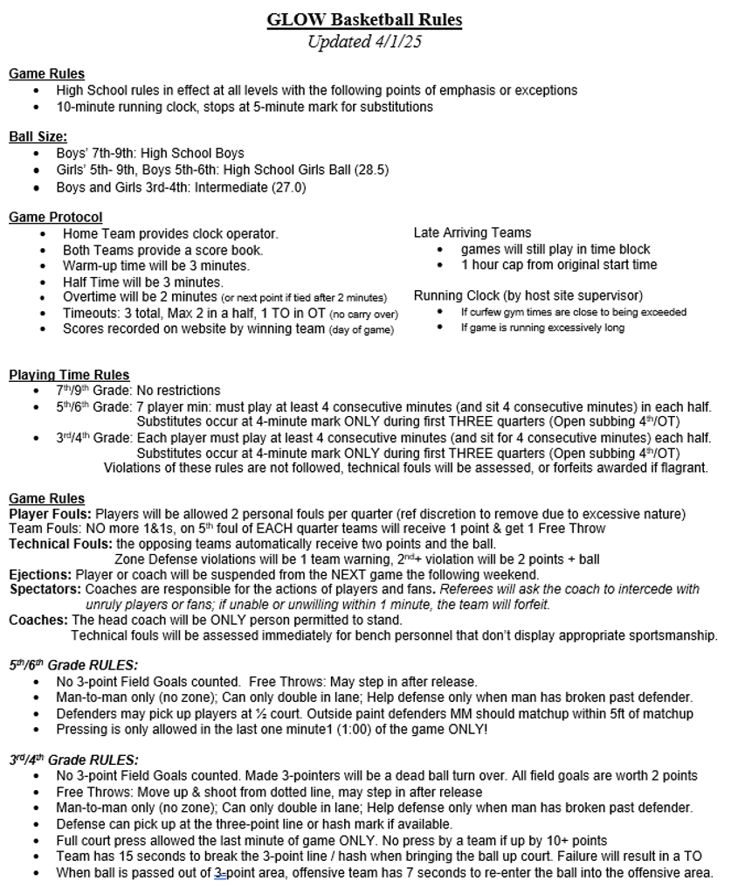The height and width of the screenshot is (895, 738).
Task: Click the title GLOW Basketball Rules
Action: [364, 19]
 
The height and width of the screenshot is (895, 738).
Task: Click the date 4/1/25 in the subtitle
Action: [397, 42]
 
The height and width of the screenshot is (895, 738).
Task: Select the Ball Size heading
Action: [38, 136]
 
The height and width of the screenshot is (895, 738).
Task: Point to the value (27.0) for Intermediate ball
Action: [286, 186]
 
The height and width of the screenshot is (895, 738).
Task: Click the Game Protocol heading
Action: [55, 217]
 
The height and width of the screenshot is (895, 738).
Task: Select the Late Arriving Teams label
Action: [472, 232]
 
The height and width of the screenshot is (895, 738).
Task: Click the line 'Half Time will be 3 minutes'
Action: [142, 281]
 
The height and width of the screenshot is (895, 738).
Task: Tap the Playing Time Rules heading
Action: [69, 375]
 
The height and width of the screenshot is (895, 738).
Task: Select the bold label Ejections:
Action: [40, 574]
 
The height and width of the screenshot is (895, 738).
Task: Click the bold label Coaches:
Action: [38, 620]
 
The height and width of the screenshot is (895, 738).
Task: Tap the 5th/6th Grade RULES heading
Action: [73, 664]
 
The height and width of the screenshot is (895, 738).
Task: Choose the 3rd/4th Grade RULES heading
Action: [73, 760]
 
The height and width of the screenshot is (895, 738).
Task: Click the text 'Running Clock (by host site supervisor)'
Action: [528, 295]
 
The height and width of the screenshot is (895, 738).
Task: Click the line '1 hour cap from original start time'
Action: [559, 265]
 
